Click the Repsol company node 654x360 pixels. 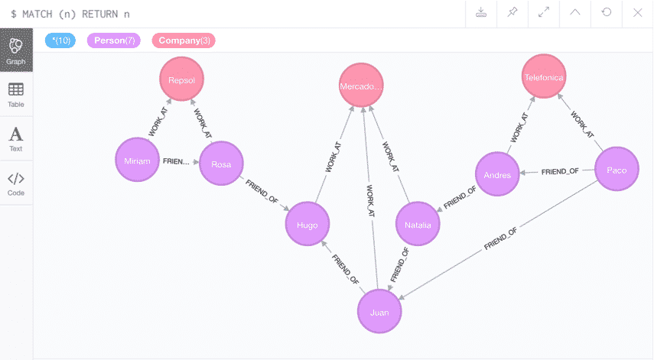pyautogui.click(x=182, y=78)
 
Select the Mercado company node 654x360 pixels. pyautogui.click(x=361, y=86)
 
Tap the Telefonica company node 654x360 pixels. pyautogui.click(x=544, y=77)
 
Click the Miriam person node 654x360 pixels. pyautogui.click(x=137, y=161)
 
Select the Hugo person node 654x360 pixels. pyautogui.click(x=307, y=224)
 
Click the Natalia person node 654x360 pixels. pyautogui.click(x=418, y=225)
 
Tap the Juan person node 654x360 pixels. pyautogui.click(x=379, y=312)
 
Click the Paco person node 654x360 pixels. pyautogui.click(x=617, y=170)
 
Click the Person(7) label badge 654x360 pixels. pyautogui.click(x=115, y=41)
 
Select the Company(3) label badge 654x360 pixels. pyautogui.click(x=184, y=41)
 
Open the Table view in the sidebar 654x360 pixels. pyautogui.click(x=15, y=95)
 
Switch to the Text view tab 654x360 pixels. pyautogui.click(x=15, y=139)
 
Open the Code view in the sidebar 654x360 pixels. pyautogui.click(x=15, y=183)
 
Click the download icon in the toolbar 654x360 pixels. pyautogui.click(x=482, y=13)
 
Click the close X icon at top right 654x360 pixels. pyautogui.click(x=637, y=13)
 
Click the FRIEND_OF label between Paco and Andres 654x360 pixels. pyautogui.click(x=559, y=171)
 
